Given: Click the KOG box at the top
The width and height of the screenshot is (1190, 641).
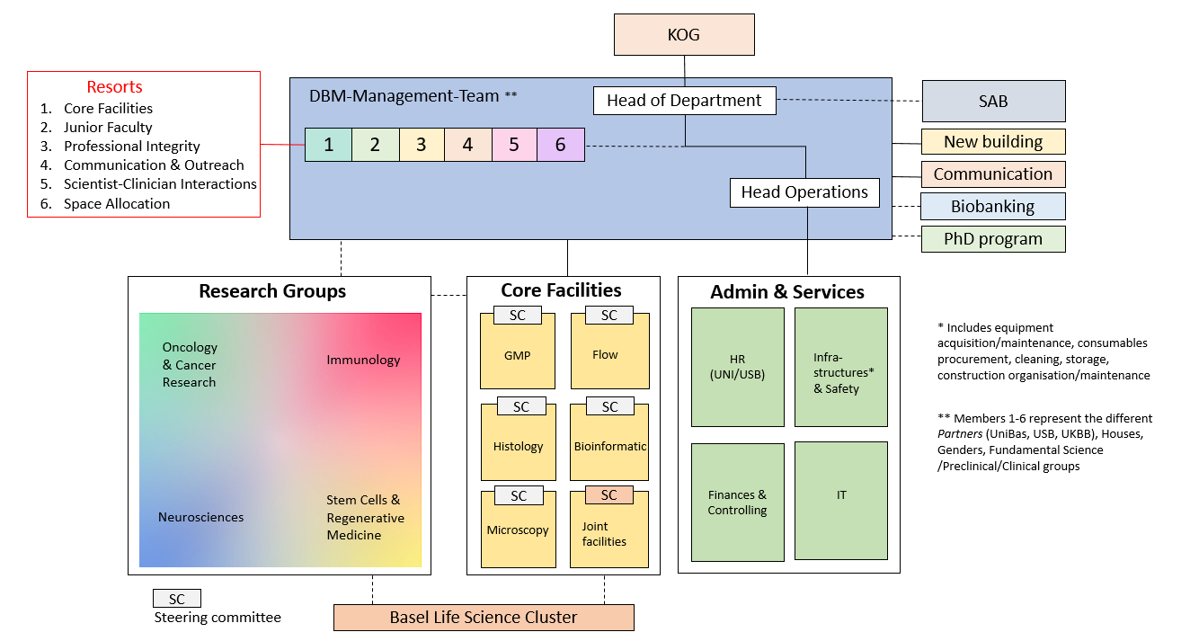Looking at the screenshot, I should point(684,35).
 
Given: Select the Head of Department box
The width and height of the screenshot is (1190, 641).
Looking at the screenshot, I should point(684,101).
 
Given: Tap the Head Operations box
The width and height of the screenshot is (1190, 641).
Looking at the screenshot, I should point(804,192).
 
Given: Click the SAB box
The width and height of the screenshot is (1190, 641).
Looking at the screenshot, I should point(993,102).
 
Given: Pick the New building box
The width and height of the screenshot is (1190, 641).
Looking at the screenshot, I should point(993,142).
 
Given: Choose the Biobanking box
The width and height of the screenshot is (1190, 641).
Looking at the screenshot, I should point(993,207).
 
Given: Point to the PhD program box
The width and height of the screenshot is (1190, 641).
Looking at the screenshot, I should point(993,239).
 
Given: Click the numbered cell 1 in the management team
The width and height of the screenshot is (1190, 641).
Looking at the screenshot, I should point(329,145).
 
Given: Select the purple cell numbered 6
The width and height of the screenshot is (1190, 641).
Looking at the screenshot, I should point(561,145).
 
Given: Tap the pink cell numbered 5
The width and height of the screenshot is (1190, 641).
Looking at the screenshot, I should point(514,145).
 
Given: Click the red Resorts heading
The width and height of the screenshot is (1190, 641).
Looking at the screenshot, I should point(114,87).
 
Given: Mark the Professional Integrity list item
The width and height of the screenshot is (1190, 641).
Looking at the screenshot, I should point(132,147).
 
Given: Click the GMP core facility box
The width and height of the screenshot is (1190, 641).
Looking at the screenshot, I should point(518,356).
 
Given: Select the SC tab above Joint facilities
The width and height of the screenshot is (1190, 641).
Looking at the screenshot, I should point(609,495).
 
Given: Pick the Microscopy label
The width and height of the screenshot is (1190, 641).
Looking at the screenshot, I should point(518,530).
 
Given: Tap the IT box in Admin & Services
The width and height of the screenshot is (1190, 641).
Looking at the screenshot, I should point(841,495).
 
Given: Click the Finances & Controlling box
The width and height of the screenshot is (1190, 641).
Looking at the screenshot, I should point(737,503).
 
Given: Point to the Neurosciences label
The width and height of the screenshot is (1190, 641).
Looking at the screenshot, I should point(200,517).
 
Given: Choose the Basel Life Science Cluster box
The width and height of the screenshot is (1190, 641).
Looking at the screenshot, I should point(484,618).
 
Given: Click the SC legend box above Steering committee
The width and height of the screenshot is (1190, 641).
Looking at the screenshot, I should point(177,599).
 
